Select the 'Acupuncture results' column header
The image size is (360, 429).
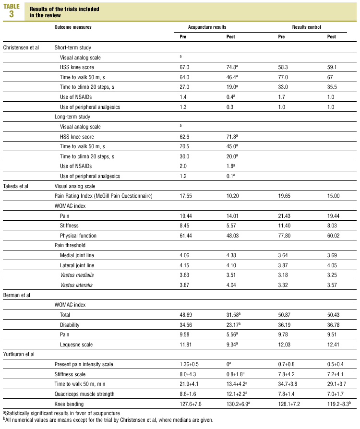click(x=207, y=27)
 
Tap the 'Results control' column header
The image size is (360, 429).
click(x=307, y=27)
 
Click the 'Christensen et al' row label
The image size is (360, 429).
click(x=21, y=48)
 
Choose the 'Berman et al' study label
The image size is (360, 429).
click(x=17, y=295)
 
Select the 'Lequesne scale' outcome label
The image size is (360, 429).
click(x=77, y=345)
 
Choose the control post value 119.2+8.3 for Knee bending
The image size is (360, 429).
click(x=340, y=404)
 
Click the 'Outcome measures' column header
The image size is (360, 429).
click(x=73, y=27)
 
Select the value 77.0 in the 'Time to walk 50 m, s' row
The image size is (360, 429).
click(x=284, y=77)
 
